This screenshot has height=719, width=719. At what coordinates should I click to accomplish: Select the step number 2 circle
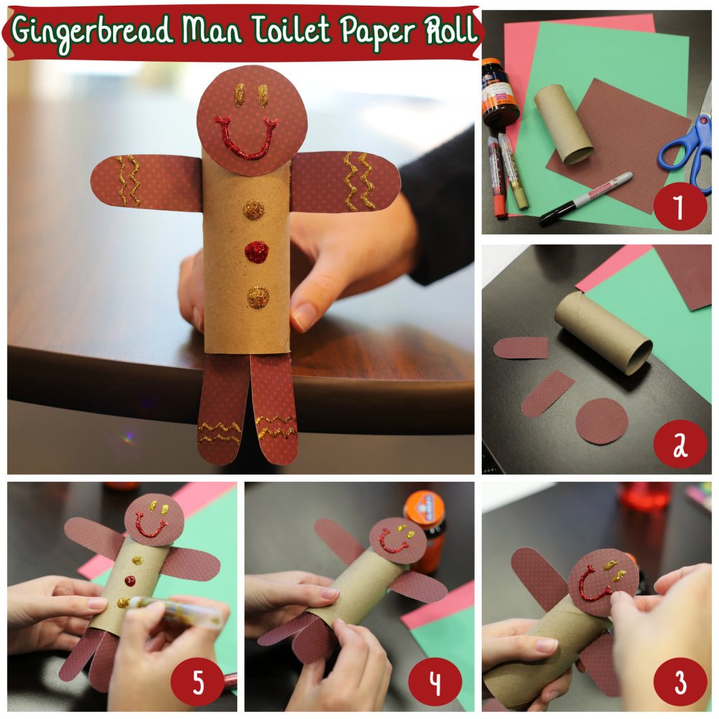678,445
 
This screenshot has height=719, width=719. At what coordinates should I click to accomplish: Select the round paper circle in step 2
602,421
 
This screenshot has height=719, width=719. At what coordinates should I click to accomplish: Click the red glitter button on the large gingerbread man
257,251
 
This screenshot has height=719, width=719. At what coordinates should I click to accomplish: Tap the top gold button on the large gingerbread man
253,209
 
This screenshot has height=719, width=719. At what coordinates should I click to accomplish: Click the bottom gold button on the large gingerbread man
258,297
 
